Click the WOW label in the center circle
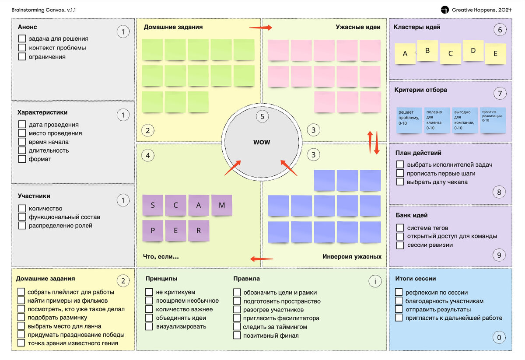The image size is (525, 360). (x=262, y=142)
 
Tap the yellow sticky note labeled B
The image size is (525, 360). (x=427, y=51)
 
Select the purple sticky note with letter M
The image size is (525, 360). (x=222, y=205)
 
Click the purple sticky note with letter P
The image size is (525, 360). (x=153, y=231)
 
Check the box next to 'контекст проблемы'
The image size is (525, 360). (x=22, y=48)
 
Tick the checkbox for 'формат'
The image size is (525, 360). (x=22, y=159)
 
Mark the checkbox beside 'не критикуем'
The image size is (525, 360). (x=149, y=292)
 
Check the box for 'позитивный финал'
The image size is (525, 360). (x=237, y=336)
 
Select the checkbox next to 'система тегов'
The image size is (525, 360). (x=400, y=227)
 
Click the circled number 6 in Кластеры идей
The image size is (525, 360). (x=500, y=30)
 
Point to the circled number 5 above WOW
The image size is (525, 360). (x=262, y=116)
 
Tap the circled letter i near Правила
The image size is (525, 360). (x=375, y=281)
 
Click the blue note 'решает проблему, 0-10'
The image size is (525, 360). (x=409, y=120)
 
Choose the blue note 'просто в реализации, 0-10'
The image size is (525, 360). (x=493, y=120)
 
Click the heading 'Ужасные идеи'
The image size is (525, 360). (x=358, y=27)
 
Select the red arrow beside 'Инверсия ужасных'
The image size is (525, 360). (x=262, y=259)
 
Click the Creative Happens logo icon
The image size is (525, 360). (x=444, y=10)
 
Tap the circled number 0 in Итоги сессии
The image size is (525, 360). (x=499, y=338)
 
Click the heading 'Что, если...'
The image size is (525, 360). (x=161, y=257)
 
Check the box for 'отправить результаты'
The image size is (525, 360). (x=399, y=309)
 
